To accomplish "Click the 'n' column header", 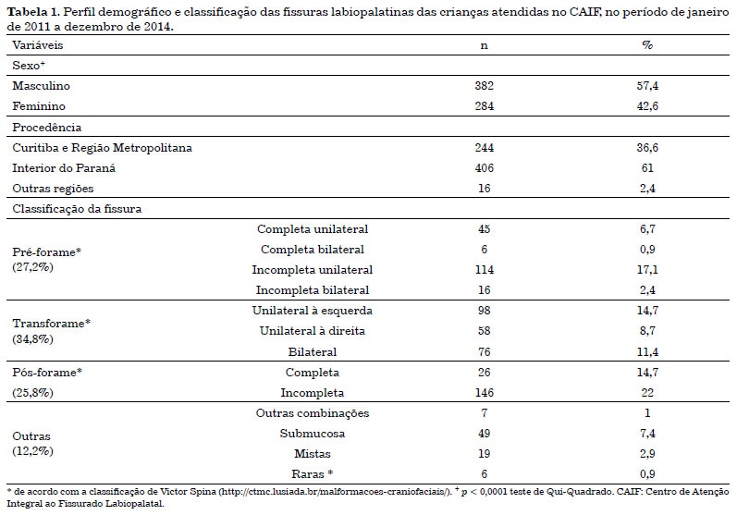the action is (485, 45).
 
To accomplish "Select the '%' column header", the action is (647, 45).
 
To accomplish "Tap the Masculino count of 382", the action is (485, 85).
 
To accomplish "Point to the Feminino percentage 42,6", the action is (647, 106).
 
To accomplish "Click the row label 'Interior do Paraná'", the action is (64, 168).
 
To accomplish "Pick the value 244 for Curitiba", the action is (485, 148).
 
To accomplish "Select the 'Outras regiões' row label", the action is (53, 189).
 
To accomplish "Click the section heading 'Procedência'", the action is (47, 128).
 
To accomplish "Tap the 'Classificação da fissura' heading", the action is (77, 209).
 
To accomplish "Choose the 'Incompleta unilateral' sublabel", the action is (313, 270).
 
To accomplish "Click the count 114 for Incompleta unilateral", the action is (485, 270).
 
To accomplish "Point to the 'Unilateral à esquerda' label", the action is (313, 311).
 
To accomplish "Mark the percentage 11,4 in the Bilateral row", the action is (647, 352).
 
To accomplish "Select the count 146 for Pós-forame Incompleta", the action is (485, 392).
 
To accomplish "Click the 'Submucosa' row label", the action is (313, 434).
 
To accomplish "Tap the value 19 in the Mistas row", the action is (485, 453).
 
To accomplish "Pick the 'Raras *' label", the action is (313, 473).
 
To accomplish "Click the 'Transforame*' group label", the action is (51, 324).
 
